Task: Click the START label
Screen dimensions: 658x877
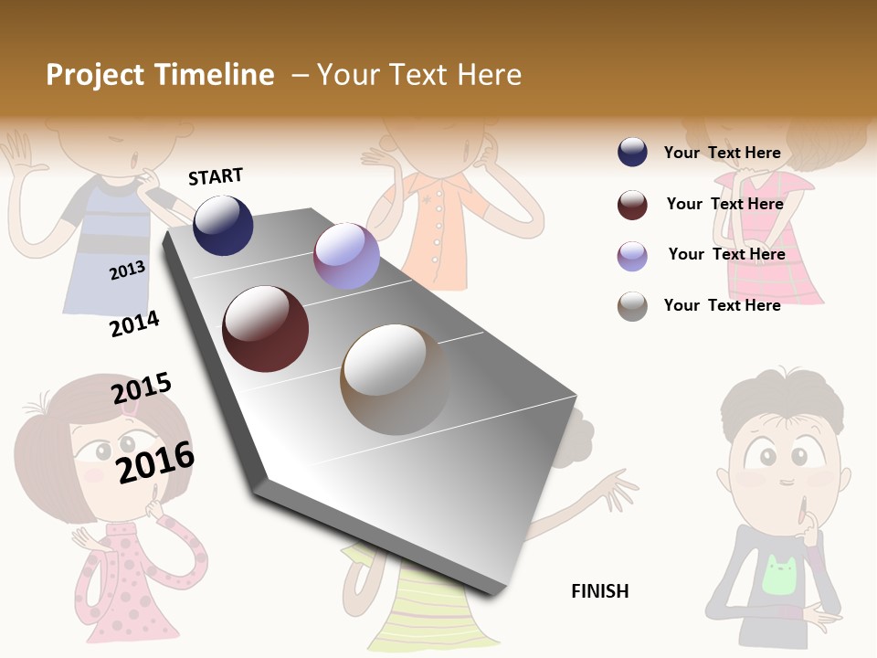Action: pyautogui.click(x=216, y=175)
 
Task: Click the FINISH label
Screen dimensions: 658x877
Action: pyautogui.click(x=599, y=591)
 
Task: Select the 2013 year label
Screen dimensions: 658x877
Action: pyautogui.click(x=127, y=270)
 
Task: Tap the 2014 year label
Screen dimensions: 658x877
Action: pyautogui.click(x=134, y=324)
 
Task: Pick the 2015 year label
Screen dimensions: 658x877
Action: pyautogui.click(x=142, y=388)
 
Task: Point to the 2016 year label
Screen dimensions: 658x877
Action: pyautogui.click(x=155, y=462)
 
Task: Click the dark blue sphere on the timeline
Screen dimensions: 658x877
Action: pyautogui.click(x=223, y=225)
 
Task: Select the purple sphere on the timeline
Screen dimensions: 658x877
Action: pyautogui.click(x=346, y=256)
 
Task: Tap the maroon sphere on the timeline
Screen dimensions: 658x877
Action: pyautogui.click(x=265, y=329)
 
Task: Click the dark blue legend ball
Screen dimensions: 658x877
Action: pyautogui.click(x=632, y=153)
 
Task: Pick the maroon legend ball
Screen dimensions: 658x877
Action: pyautogui.click(x=632, y=205)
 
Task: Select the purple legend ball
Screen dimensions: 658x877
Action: pyautogui.click(x=632, y=256)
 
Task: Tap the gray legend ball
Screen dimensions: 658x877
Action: pyautogui.click(x=632, y=306)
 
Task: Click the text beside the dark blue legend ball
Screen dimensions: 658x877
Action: pyautogui.click(x=722, y=153)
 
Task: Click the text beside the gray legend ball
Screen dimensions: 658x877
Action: pyautogui.click(x=722, y=305)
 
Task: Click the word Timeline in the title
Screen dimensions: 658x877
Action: pyautogui.click(x=216, y=75)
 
